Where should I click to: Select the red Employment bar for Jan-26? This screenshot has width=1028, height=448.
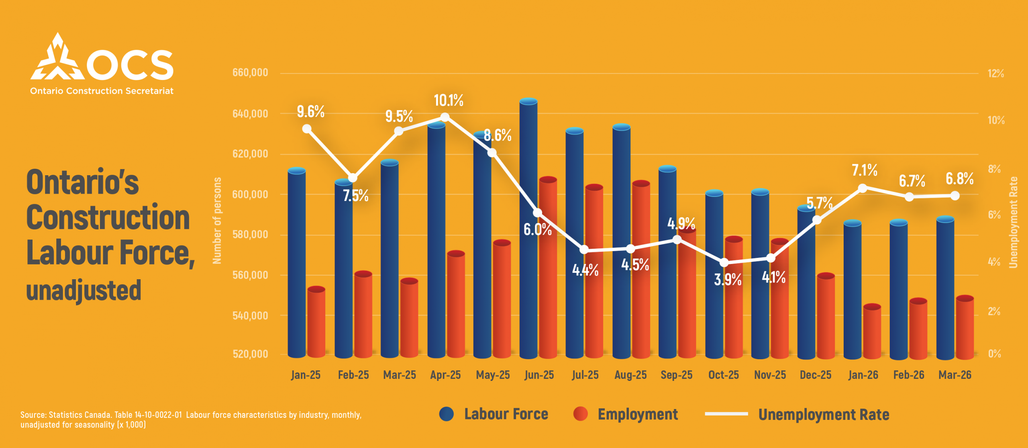[x=872, y=331]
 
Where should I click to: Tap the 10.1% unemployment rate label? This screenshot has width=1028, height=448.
[x=449, y=100]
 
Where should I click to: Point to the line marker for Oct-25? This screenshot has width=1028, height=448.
[x=724, y=263]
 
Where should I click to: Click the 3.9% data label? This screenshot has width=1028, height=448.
[x=728, y=279]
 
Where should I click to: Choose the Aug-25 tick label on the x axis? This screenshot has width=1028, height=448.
[x=630, y=375]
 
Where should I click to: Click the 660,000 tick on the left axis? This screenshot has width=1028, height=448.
[x=250, y=73]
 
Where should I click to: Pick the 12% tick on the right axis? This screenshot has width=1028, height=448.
[x=996, y=74]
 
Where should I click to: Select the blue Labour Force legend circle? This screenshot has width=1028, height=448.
[x=446, y=414]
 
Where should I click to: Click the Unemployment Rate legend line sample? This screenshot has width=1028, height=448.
[x=726, y=414]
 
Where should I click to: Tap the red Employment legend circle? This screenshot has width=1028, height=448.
[x=580, y=414]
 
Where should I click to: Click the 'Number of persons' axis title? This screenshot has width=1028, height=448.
[x=217, y=221]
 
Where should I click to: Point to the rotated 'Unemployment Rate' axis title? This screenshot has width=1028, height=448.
[x=1014, y=222]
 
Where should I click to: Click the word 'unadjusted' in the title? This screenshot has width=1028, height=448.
[x=84, y=290]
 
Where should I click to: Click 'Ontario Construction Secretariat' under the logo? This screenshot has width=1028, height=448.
[x=102, y=91]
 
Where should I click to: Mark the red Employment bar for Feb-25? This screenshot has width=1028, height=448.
[x=363, y=315]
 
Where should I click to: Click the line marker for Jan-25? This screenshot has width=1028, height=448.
[x=307, y=129]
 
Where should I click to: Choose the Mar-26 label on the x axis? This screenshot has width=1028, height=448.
[x=955, y=375]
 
